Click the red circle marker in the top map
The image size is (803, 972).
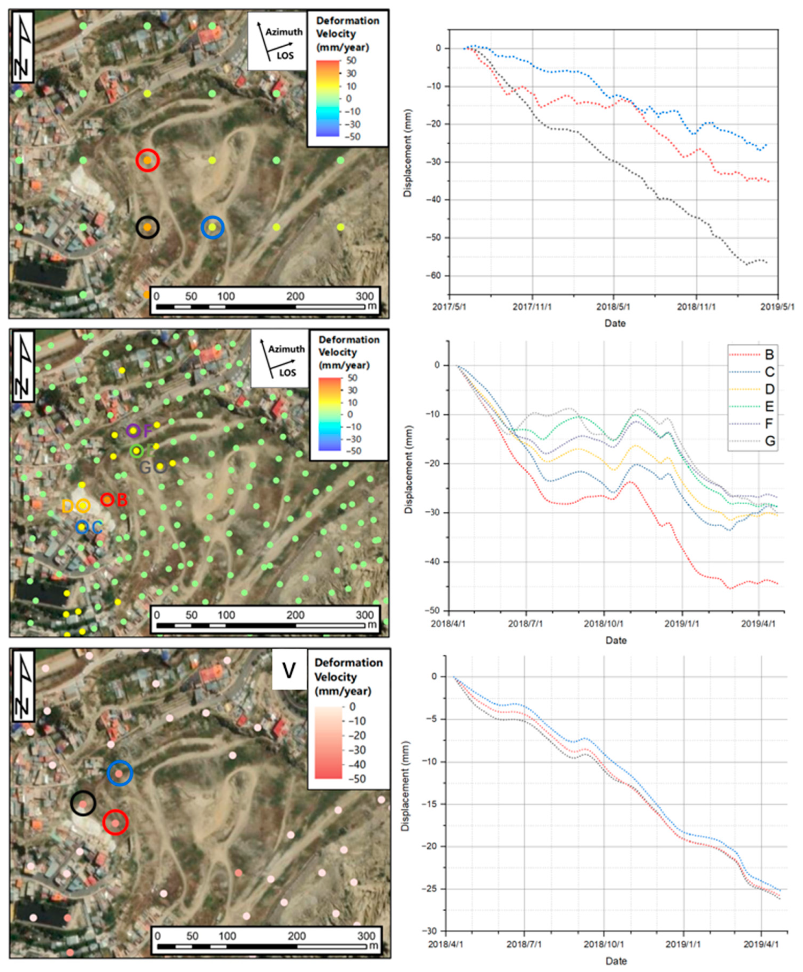point(147,160)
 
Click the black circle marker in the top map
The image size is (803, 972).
point(147,227)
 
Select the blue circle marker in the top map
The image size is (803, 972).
point(212,227)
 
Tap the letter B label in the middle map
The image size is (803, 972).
point(122,500)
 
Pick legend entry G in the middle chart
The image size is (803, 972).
point(769,441)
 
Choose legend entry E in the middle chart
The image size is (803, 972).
point(769,406)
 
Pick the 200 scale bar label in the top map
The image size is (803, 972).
point(295,296)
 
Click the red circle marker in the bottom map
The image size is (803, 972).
point(115,822)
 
